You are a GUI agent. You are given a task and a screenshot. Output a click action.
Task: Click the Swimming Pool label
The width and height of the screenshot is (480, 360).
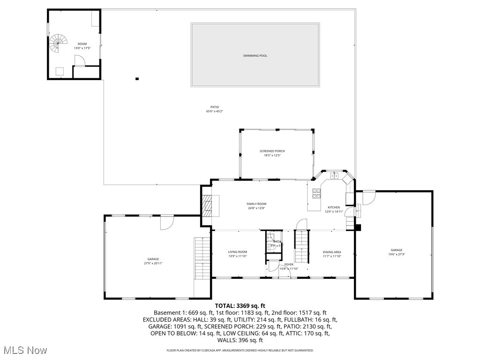pos(255,56)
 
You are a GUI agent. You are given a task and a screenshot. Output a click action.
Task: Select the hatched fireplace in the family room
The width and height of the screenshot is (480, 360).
pos(207,204)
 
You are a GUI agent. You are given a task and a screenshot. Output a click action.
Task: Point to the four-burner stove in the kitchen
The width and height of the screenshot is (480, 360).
pos(316,192)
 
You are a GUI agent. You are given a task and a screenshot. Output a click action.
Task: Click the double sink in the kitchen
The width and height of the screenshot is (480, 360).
pos(335,176)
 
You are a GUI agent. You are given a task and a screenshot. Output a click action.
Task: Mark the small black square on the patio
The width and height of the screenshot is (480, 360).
pos(137,79)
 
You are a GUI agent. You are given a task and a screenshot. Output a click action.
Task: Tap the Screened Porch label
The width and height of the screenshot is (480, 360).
pos(272,151)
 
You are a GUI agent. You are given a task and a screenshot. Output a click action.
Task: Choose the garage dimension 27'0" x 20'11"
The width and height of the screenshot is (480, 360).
pos(153,263)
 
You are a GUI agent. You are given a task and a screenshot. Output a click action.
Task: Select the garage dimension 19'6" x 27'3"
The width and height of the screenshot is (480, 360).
pos(397,255)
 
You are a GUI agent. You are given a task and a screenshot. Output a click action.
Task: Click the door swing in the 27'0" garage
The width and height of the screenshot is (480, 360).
pos(167,223)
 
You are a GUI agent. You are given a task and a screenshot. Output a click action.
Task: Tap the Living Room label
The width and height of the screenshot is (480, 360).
pos(237,252)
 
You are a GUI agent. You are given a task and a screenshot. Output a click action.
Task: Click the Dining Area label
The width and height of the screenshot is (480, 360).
pos(331,252)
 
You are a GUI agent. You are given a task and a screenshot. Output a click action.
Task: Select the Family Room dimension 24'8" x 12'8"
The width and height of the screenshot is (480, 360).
pos(256,208)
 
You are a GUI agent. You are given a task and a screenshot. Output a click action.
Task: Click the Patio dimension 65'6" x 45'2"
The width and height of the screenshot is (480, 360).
pos(215,111)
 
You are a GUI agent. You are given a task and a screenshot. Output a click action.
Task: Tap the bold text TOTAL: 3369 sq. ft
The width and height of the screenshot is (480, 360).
pos(240,306)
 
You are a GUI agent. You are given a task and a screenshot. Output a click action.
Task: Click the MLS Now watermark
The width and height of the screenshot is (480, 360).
pos(24,350)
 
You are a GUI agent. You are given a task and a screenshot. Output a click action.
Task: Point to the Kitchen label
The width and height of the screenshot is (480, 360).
pos(334,207)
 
